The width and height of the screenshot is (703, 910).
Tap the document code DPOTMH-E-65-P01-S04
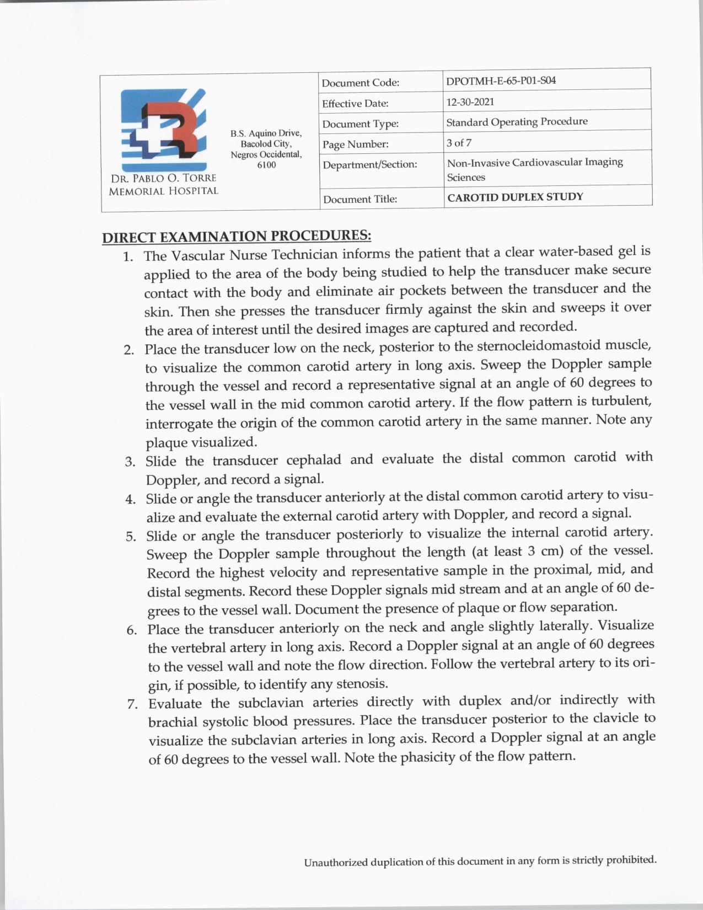pyautogui.click(x=501, y=81)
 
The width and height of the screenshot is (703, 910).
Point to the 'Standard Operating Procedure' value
pyautogui.click(x=517, y=121)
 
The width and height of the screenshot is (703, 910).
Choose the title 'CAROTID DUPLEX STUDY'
pyautogui.click(x=515, y=197)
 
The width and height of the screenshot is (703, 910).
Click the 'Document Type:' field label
pyautogui.click(x=360, y=124)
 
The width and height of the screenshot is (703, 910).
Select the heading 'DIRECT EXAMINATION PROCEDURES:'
pyautogui.click(x=237, y=237)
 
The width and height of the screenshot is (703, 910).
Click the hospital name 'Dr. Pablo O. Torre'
pyautogui.click(x=163, y=179)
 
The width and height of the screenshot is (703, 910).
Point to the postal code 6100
pyautogui.click(x=266, y=165)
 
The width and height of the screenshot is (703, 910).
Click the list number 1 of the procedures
pyautogui.click(x=128, y=257)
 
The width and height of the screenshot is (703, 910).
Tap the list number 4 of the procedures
pyautogui.click(x=130, y=500)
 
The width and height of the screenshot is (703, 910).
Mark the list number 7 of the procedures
pyautogui.click(x=132, y=704)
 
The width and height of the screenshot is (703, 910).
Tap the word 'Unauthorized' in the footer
pyautogui.click(x=335, y=862)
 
